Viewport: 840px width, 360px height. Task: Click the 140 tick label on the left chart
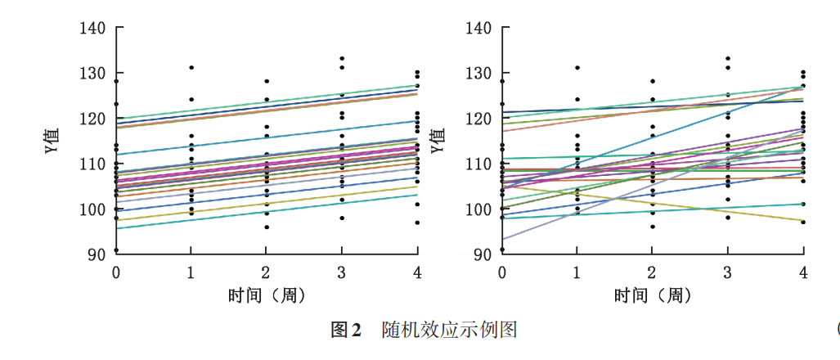[93, 29]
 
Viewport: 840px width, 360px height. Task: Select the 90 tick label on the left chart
[97, 254]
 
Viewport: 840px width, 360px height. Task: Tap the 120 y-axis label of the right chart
[478, 119]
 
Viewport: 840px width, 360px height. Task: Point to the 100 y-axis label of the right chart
[478, 209]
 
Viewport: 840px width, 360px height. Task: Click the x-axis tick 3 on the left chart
[342, 272]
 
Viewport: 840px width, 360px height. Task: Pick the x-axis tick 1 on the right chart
[577, 272]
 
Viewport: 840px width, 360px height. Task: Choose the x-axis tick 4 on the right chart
[803, 272]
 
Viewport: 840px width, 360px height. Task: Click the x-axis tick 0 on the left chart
[116, 272]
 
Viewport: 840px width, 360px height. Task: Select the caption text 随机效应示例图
[449, 331]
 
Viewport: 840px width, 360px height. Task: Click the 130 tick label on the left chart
[93, 74]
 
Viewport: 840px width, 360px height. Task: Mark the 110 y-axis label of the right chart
[478, 164]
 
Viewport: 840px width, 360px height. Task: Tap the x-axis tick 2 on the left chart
[267, 272]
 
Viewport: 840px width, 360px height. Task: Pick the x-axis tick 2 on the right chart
[652, 272]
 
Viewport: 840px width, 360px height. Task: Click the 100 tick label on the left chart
[93, 209]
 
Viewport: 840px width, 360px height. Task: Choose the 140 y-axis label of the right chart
[478, 29]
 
